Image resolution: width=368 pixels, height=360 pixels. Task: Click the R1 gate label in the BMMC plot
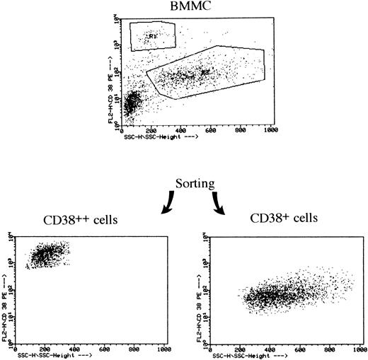[x=151, y=33]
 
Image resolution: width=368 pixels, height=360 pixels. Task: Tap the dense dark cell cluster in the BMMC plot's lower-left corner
[x=130, y=105]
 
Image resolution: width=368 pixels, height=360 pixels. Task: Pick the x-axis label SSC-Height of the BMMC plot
[x=159, y=137]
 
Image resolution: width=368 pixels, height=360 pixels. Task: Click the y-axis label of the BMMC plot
[x=111, y=84]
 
